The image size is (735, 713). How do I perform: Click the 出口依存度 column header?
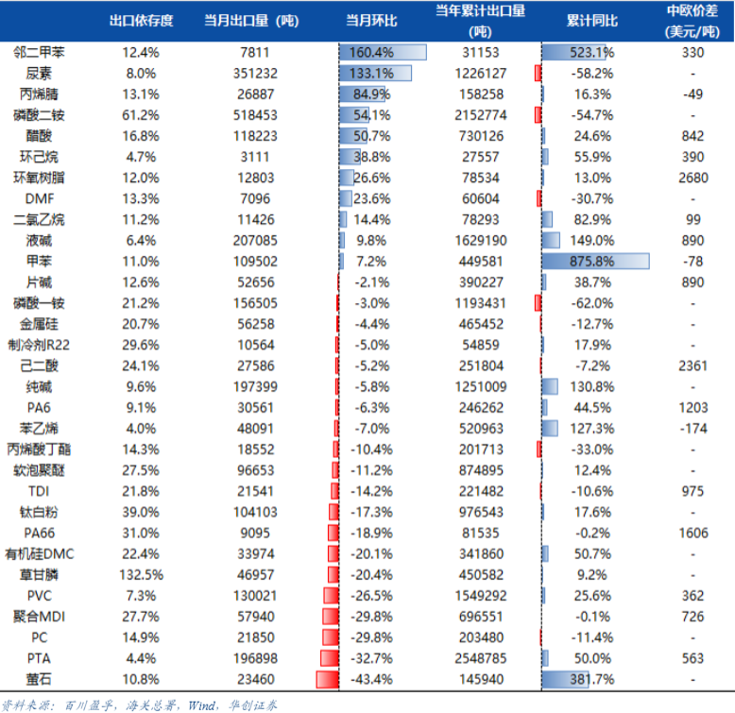(141, 21)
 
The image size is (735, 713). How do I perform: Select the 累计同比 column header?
(592, 21)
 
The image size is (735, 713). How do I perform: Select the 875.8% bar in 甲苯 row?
(595, 261)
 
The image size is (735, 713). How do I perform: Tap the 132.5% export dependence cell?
(141, 574)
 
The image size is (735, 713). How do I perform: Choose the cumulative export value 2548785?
(479, 658)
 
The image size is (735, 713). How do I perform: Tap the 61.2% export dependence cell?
(141, 115)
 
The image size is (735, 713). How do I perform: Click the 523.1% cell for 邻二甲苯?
(592, 53)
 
